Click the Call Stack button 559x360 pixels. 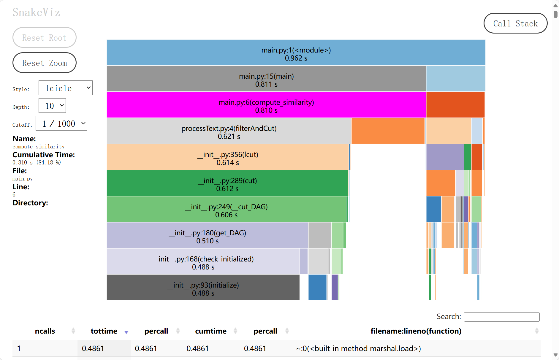point(515,23)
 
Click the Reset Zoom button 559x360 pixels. point(45,63)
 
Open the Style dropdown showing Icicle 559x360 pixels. point(65,88)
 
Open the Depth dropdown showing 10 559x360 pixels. point(52,106)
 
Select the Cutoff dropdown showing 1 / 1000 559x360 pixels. point(61,123)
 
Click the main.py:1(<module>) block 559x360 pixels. point(296,53)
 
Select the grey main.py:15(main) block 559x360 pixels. point(266,79)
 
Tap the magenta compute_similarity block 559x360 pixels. point(266,105)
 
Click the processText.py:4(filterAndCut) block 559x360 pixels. point(229,131)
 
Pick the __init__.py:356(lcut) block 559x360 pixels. point(227,157)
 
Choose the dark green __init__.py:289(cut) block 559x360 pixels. point(227,183)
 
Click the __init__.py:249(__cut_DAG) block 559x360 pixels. point(226,210)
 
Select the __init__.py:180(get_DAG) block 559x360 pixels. point(207,236)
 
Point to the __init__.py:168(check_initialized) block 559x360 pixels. point(203,262)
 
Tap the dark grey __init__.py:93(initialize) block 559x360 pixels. point(203,288)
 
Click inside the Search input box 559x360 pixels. point(501,317)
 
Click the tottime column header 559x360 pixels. point(104,331)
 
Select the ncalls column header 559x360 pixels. point(45,331)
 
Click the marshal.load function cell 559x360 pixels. point(358,348)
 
